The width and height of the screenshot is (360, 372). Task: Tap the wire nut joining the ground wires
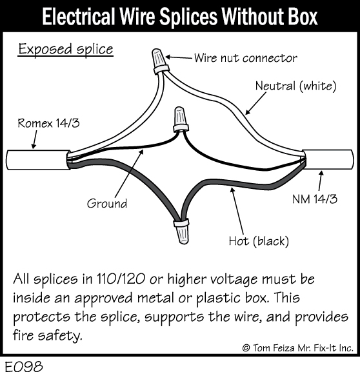pyautogui.click(x=181, y=119)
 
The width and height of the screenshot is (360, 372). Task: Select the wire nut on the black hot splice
pyautogui.click(x=182, y=231)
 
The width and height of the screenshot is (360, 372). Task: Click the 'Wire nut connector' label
pyautogui.click(x=246, y=58)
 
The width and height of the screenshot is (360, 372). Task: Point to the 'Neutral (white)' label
pyautogui.click(x=295, y=86)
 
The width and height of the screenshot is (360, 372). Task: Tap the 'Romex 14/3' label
pyautogui.click(x=48, y=123)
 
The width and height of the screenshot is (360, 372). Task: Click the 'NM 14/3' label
pyautogui.click(x=315, y=199)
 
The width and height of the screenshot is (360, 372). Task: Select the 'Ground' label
pyautogui.click(x=107, y=203)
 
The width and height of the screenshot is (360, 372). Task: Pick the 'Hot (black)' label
pyautogui.click(x=259, y=241)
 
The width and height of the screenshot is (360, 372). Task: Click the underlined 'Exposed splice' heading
pyautogui.click(x=66, y=49)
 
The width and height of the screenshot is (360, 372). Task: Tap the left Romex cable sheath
pyautogui.click(x=38, y=160)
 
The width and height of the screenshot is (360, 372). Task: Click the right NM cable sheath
pyautogui.click(x=328, y=159)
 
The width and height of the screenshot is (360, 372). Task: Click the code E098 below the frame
pyautogui.click(x=24, y=366)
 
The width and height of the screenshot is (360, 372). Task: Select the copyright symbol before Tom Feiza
pyautogui.click(x=246, y=348)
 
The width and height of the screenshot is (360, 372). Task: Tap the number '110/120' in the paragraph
pyautogui.click(x=121, y=279)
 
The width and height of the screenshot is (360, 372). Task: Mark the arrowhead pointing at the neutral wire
pyautogui.click(x=247, y=112)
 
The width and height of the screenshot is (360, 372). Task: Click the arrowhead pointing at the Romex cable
pyautogui.click(x=34, y=146)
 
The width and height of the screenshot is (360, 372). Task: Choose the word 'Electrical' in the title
pyautogui.click(x=77, y=17)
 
